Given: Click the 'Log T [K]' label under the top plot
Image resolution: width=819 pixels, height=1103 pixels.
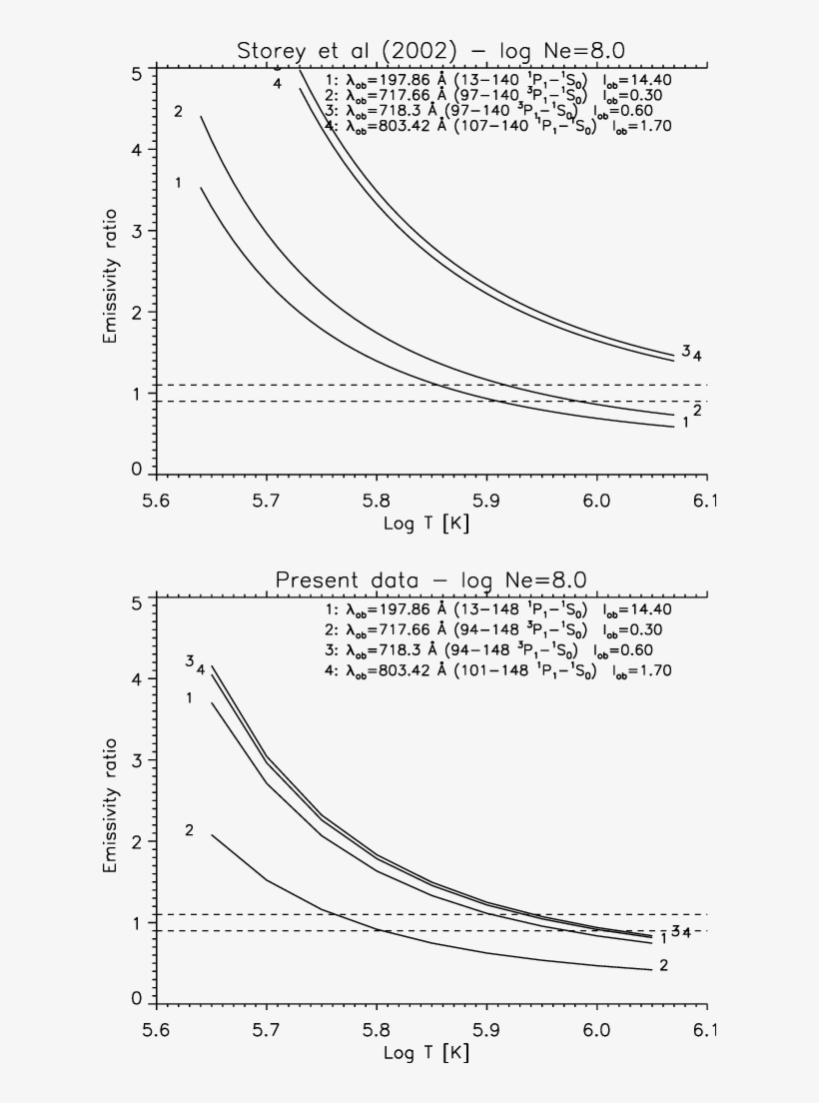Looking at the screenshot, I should click(x=426, y=523).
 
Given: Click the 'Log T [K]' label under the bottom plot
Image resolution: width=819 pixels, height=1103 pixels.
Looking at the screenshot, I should click(x=426, y=1052).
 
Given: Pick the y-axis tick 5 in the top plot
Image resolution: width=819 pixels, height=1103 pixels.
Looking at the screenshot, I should click(x=134, y=73).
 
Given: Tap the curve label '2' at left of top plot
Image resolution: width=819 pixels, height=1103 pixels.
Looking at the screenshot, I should click(x=178, y=111).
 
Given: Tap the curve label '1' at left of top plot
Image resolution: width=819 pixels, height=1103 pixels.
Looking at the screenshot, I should click(x=178, y=182).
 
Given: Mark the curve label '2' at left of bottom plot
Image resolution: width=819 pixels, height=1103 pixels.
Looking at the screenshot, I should click(x=189, y=830).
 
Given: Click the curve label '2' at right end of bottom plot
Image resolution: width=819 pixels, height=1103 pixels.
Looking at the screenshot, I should click(x=663, y=965).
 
